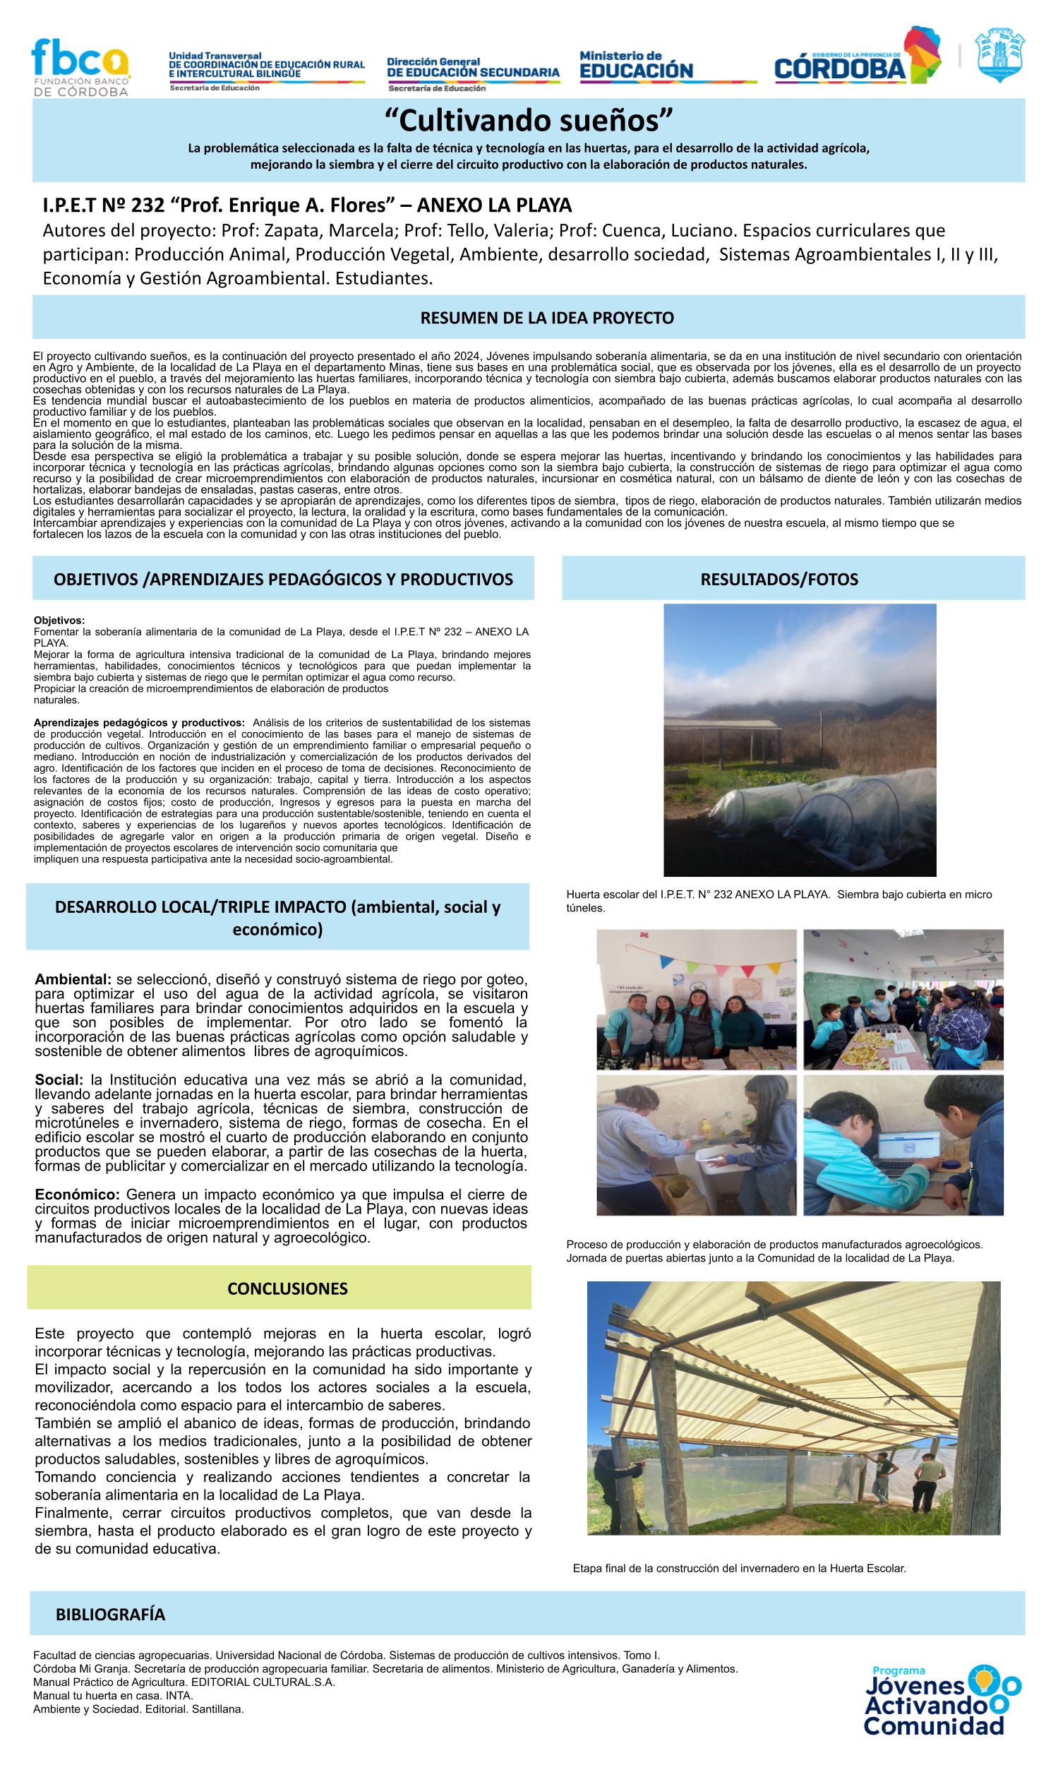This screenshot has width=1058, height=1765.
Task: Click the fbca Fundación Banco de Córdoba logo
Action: tap(80, 67)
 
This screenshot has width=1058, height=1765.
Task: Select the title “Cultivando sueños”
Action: tap(528, 121)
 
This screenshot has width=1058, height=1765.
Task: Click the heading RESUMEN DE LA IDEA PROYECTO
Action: tap(547, 317)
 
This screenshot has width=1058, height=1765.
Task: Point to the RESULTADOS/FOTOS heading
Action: tap(779, 579)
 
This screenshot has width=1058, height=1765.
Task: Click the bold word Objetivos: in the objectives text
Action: tap(59, 620)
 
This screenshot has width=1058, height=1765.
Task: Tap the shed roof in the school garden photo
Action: tap(720, 724)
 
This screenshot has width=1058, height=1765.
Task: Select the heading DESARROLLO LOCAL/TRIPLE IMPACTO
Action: tap(278, 918)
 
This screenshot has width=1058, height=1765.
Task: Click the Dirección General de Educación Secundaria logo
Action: tap(473, 72)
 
